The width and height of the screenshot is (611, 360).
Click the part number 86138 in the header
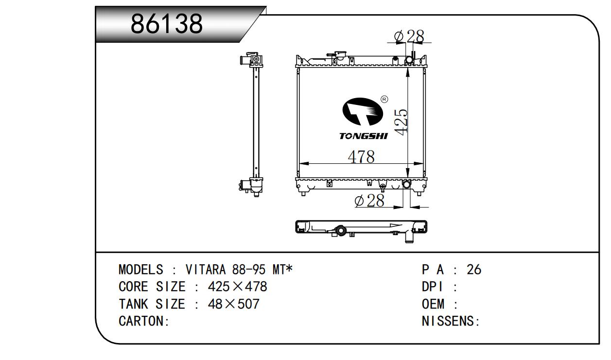(167, 24)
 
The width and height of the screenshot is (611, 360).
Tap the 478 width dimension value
(361, 156)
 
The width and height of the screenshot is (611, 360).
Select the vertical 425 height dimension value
(401, 122)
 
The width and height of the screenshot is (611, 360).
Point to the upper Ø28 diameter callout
(409, 36)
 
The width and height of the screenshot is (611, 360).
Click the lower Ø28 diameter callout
(369, 201)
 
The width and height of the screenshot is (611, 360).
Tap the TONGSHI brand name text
(363, 136)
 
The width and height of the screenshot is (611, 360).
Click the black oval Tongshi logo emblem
(363, 112)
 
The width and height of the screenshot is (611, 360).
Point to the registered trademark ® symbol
(384, 99)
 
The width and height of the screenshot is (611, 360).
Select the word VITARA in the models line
(206, 270)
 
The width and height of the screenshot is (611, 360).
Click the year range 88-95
(249, 270)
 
